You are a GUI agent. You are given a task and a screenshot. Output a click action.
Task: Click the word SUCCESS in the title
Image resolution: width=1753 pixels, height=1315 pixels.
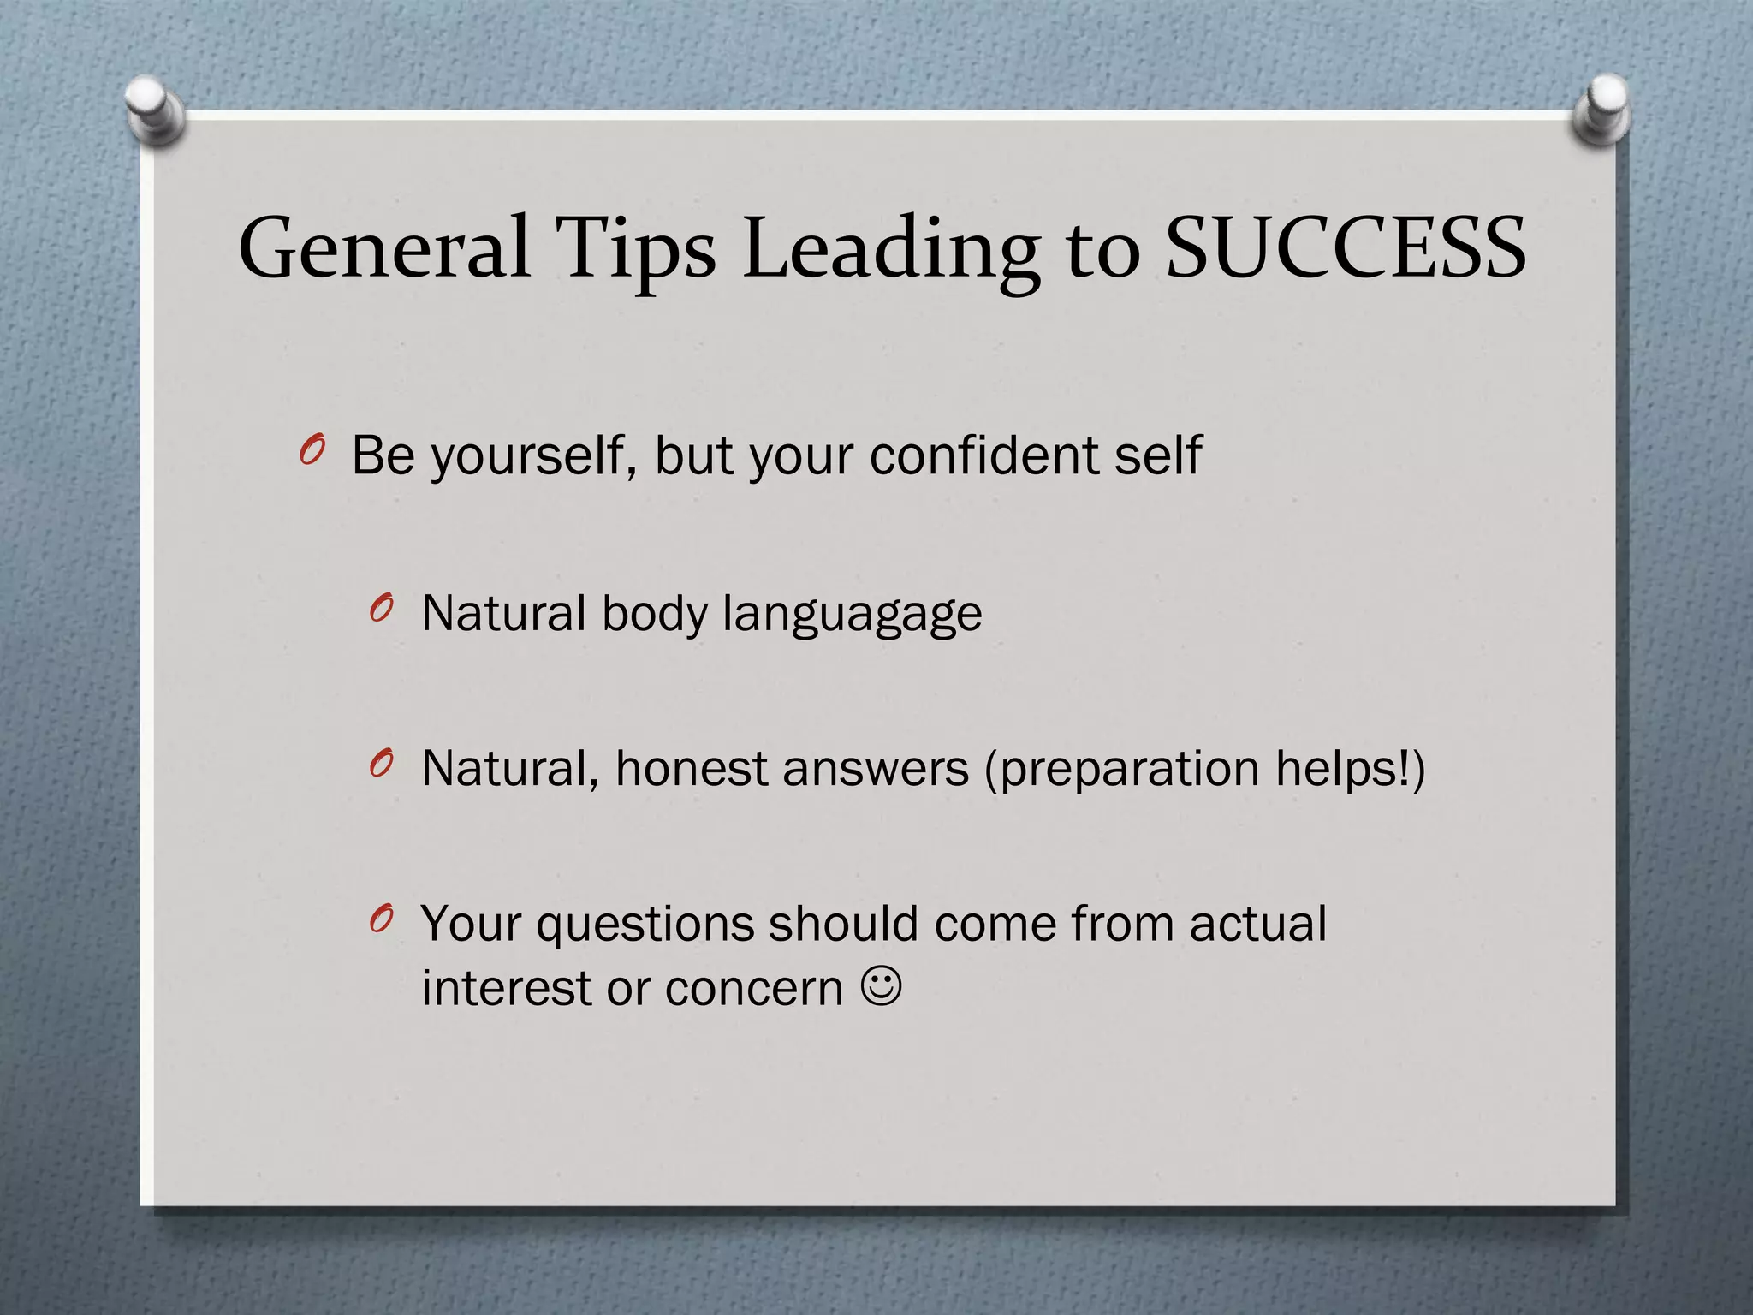[x=1346, y=248]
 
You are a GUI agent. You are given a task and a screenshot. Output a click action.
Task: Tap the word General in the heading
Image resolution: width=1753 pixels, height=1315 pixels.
[x=384, y=248]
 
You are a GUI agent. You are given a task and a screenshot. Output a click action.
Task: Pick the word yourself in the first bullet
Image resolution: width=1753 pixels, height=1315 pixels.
[x=533, y=456]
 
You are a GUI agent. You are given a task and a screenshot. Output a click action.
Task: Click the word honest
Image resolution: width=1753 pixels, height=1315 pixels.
[x=692, y=768]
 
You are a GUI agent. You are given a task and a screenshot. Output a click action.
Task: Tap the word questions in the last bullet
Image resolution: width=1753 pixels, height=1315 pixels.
[x=645, y=925]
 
